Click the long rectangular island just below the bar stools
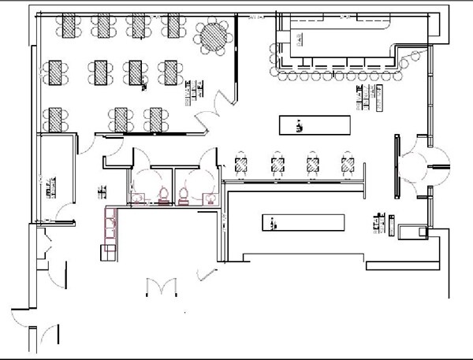click(x=315, y=124)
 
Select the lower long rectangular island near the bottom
click(x=304, y=223)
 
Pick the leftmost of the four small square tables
click(x=242, y=164)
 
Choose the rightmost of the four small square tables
click(x=347, y=164)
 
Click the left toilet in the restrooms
click(x=163, y=194)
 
